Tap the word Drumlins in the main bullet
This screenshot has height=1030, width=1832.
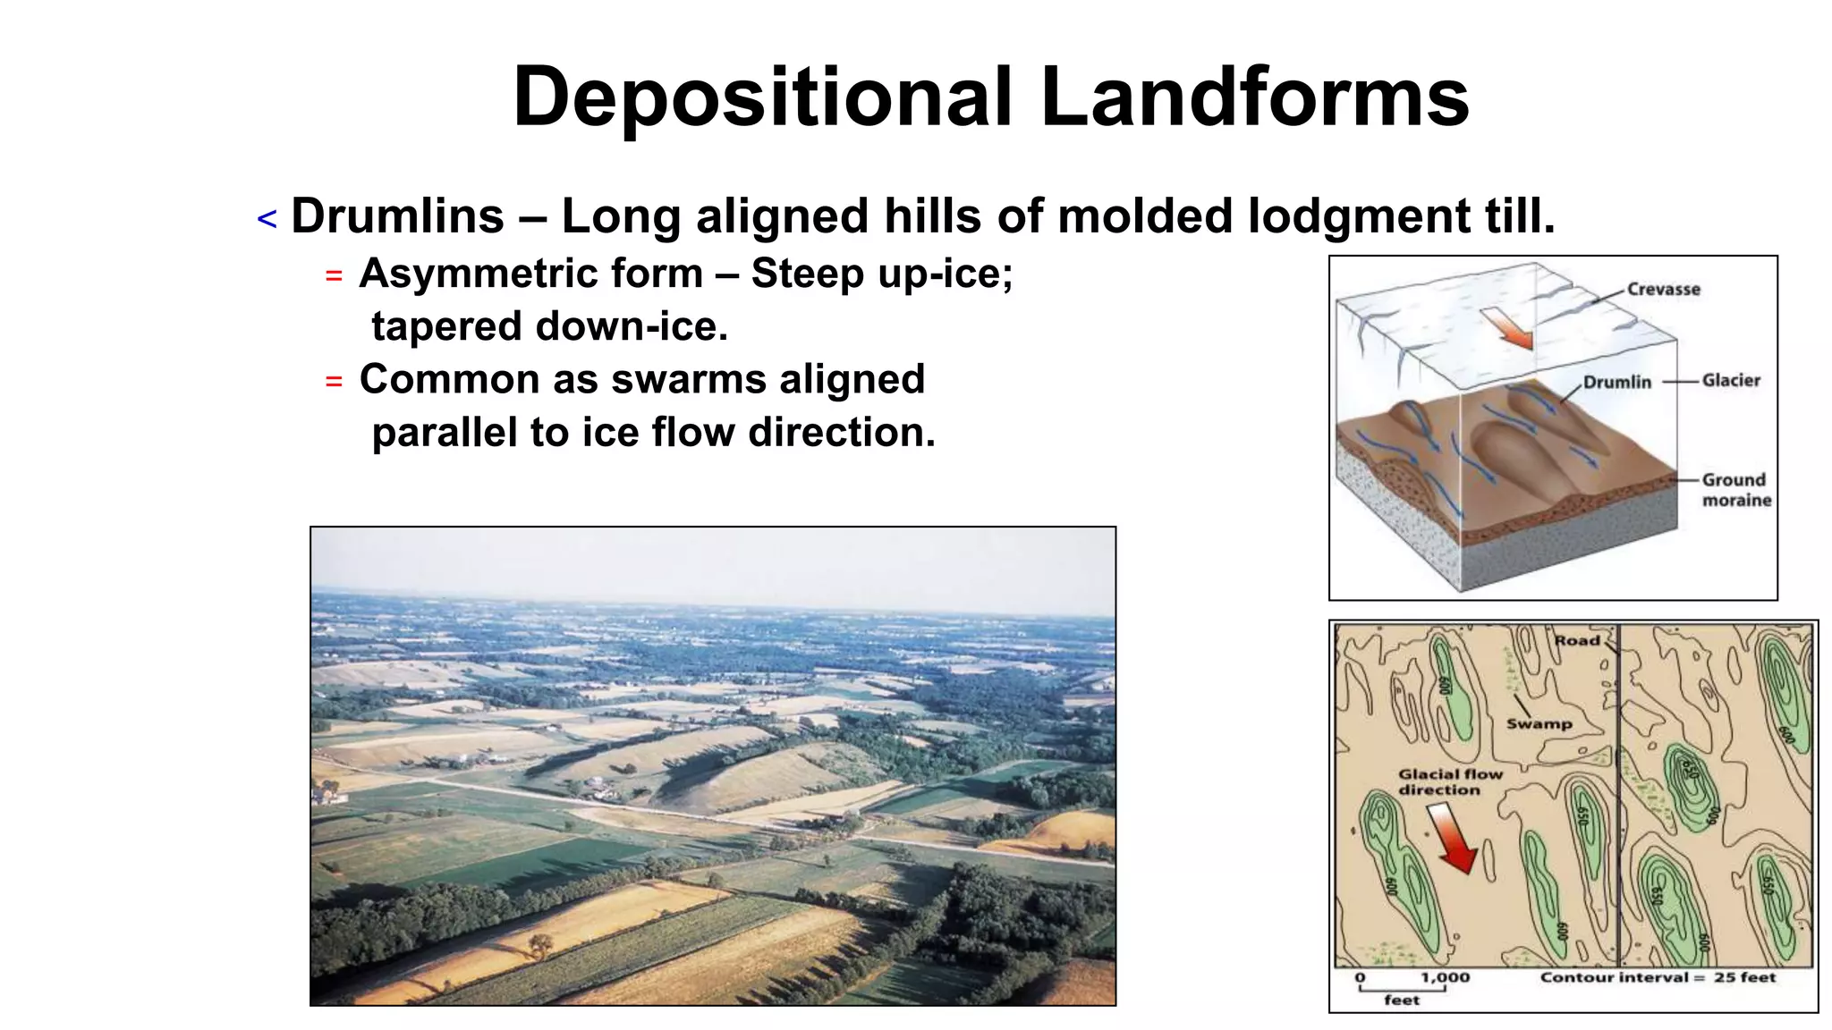(x=397, y=217)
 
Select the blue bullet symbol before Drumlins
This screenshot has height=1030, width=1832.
(x=267, y=219)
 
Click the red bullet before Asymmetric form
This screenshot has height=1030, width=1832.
(x=334, y=276)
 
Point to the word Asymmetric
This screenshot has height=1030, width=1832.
(x=455, y=274)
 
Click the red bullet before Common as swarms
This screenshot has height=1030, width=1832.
(x=334, y=382)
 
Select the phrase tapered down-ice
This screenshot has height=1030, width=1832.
(x=549, y=326)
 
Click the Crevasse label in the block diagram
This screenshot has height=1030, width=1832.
(x=1663, y=289)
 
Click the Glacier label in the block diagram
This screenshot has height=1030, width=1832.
(x=1730, y=380)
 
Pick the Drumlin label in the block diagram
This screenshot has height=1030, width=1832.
(x=1616, y=382)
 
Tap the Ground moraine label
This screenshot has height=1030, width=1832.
(x=1735, y=490)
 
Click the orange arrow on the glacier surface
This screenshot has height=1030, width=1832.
(x=1508, y=328)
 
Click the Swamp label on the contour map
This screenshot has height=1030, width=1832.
(x=1539, y=723)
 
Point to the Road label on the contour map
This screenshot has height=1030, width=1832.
(x=1576, y=640)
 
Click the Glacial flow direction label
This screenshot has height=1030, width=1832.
(x=1450, y=781)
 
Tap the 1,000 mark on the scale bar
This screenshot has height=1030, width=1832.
(x=1445, y=977)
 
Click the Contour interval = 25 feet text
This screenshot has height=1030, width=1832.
(x=1657, y=977)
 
